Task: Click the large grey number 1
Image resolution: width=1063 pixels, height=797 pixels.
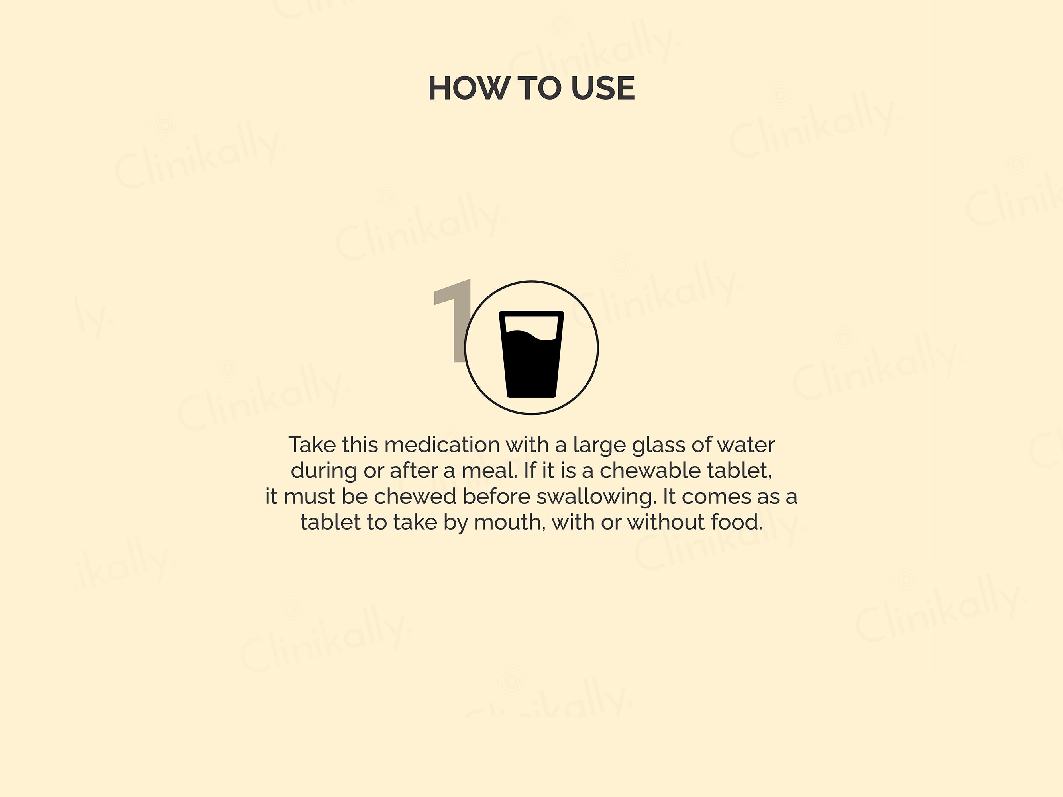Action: [x=452, y=320]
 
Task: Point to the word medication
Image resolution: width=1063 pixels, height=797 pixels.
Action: [x=442, y=445]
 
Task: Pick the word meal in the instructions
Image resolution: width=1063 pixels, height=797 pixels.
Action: [x=489, y=471]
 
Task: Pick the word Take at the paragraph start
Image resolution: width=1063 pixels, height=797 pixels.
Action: [x=312, y=445]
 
